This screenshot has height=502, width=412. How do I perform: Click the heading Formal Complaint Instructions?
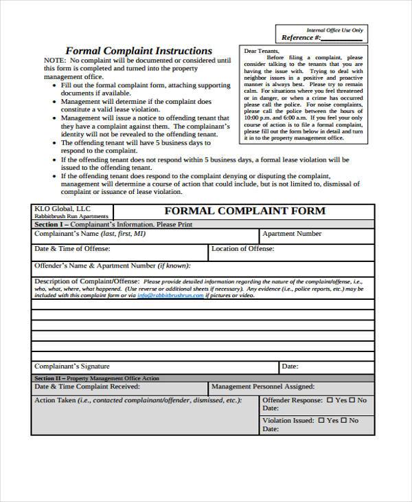coord(138,51)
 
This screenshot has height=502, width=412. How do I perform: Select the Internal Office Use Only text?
coord(335,30)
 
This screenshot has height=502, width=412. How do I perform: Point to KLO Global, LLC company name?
coord(62,208)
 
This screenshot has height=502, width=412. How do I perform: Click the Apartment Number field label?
coord(293,234)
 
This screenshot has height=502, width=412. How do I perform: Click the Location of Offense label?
coord(242,249)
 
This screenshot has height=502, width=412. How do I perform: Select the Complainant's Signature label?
coord(72,367)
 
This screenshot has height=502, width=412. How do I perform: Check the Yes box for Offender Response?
coord(330,400)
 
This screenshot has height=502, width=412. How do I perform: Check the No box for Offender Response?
coord(354,400)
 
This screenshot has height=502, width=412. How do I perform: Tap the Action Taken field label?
coord(137,400)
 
